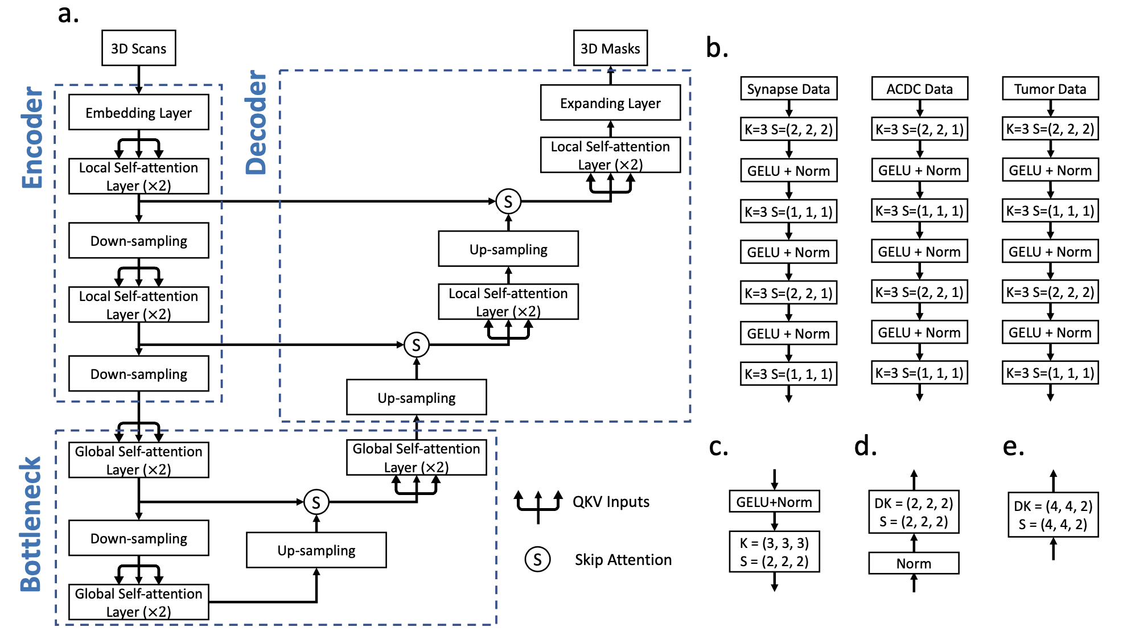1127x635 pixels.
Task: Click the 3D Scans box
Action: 138,48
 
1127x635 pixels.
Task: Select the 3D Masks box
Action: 610,48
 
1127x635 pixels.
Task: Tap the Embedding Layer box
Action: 138,113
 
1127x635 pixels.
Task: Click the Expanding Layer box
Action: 610,103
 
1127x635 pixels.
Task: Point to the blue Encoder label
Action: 32,138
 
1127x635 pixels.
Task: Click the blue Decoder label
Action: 256,122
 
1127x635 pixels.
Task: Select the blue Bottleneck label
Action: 31,523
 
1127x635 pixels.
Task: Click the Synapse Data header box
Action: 788,89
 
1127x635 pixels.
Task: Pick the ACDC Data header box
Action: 919,89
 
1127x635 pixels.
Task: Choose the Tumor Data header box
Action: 1050,89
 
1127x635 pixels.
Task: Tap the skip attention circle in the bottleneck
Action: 316,502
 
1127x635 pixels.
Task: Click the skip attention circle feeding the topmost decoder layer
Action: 508,201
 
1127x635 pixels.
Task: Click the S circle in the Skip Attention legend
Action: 537,559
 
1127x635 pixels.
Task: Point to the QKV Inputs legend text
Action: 611,502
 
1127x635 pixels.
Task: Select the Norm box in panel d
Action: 914,563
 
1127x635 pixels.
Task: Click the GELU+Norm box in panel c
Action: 774,502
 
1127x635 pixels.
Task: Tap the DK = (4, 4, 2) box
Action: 1053,515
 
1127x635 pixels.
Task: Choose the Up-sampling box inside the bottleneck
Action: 316,550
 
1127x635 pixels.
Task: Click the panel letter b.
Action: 717,48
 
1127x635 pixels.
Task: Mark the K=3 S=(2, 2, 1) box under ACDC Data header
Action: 919,129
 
